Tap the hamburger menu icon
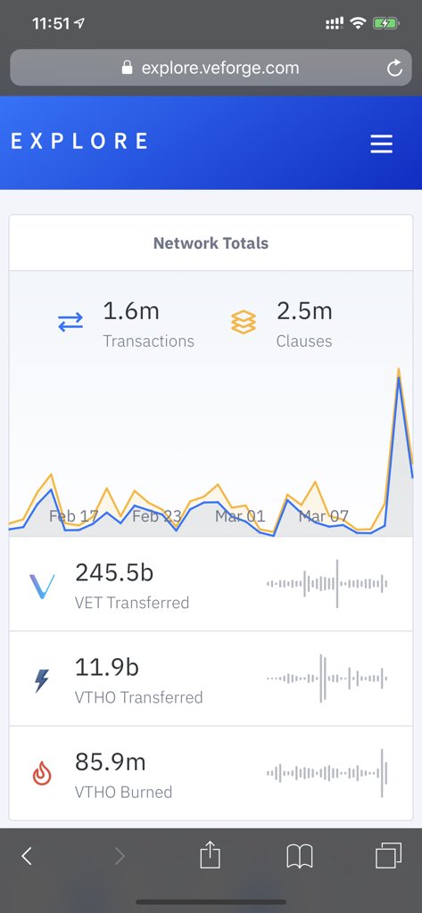pyautogui.click(x=381, y=144)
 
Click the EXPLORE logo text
pyautogui.click(x=79, y=141)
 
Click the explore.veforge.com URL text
pyautogui.click(x=219, y=68)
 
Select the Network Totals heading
pyautogui.click(x=211, y=243)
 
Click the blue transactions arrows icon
pyautogui.click(x=70, y=323)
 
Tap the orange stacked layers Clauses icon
pyautogui.click(x=244, y=322)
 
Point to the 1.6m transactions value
pyautogui.click(x=130, y=311)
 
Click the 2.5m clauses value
pyautogui.click(x=304, y=311)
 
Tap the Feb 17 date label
pyautogui.click(x=73, y=516)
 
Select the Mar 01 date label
pyautogui.click(x=240, y=516)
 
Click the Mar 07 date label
pyautogui.click(x=324, y=516)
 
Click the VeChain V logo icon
pyautogui.click(x=42, y=586)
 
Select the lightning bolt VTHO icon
pyautogui.click(x=42, y=680)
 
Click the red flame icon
pyautogui.click(x=42, y=774)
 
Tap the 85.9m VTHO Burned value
pyautogui.click(x=110, y=762)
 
